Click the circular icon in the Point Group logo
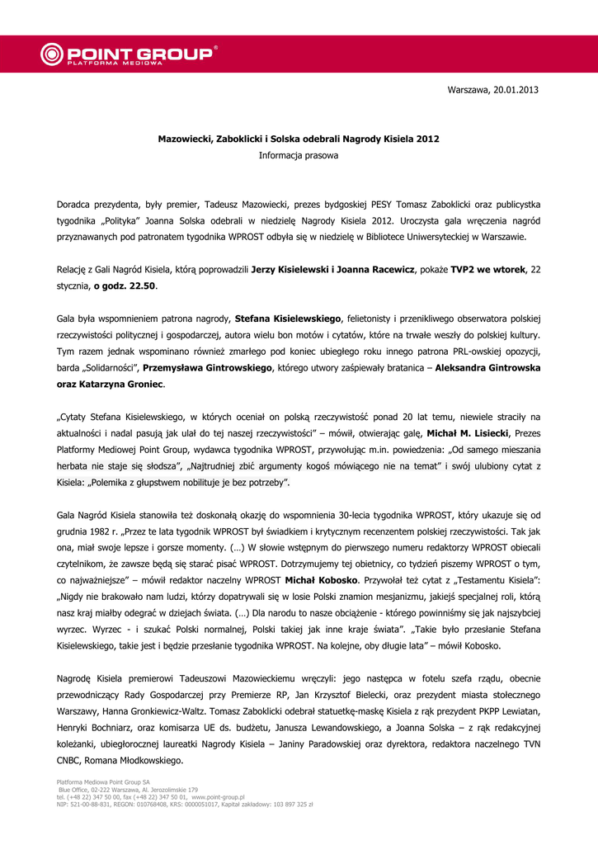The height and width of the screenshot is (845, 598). pos(50,54)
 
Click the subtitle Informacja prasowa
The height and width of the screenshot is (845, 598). pos(299,155)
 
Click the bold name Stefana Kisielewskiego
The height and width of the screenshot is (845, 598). pos(288,319)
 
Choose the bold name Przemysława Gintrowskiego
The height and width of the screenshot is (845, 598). pos(211,368)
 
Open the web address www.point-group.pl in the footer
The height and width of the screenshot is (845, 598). pos(219,797)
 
